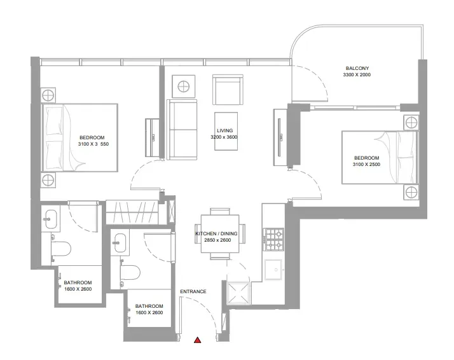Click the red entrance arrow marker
[198, 340]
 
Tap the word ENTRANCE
[193, 291]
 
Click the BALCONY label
[357, 68]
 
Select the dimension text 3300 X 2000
[357, 74]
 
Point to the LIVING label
[224, 130]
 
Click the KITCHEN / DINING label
[217, 233]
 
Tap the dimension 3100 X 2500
[366, 164]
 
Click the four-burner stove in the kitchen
[273, 239]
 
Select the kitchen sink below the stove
[273, 270]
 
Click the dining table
[220, 233]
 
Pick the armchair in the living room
[228, 90]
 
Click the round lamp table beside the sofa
[184, 87]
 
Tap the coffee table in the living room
[226, 131]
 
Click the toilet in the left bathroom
[61, 249]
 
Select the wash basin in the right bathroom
[120, 243]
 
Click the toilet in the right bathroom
[130, 272]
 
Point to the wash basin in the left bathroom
[51, 219]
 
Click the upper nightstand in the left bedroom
[48, 95]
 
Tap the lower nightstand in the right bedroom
[411, 192]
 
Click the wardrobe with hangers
[132, 212]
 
